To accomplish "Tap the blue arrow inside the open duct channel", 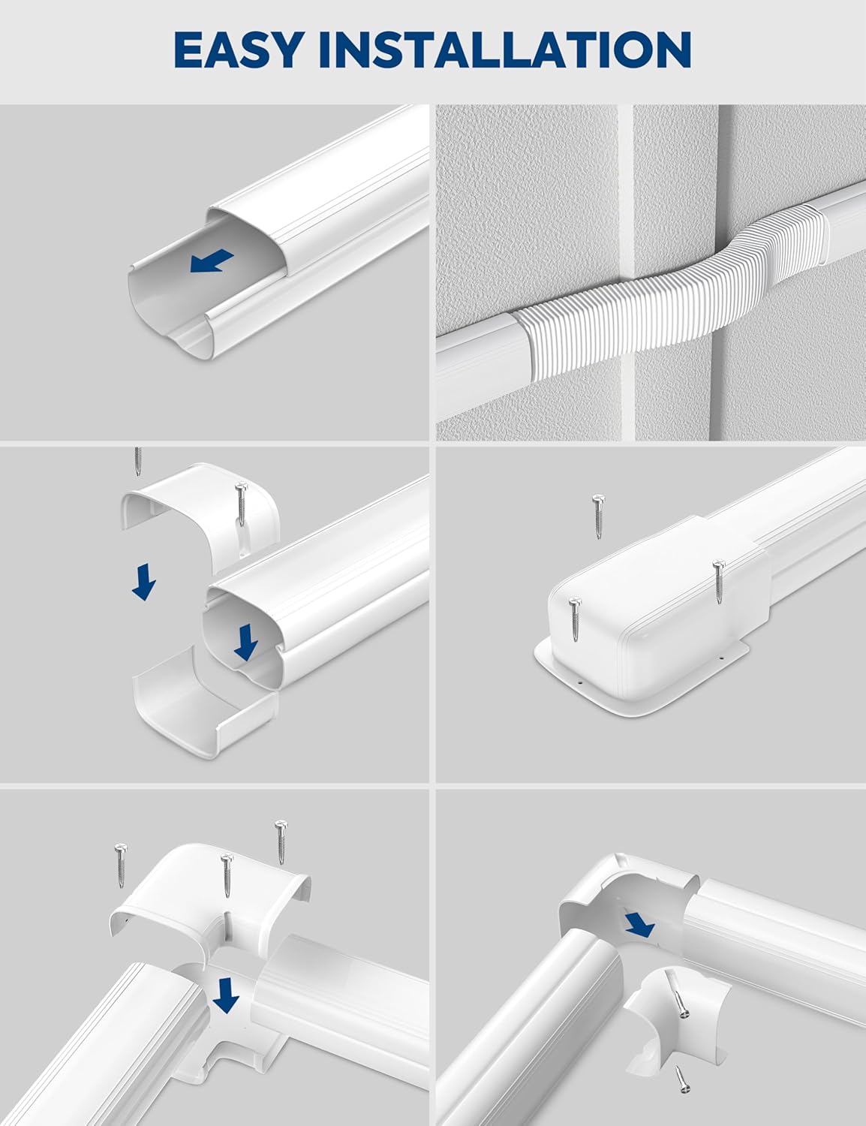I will pos(212,262).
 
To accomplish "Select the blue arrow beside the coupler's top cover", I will pos(143,583).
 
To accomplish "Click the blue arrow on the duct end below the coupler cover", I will pos(243,643).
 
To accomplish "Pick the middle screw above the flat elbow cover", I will pos(225,875).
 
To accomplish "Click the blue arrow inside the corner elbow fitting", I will pos(639,924).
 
